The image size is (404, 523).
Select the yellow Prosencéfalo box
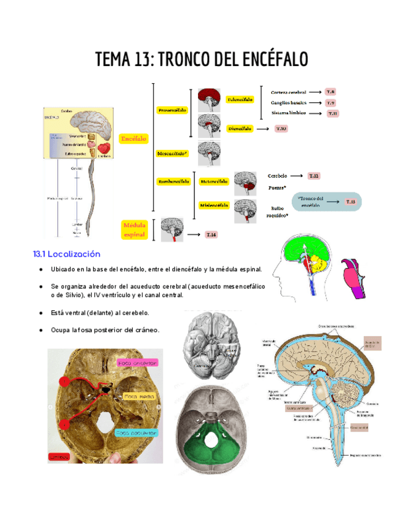172,110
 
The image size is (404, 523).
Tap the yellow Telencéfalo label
240,99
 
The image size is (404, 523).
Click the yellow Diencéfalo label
239,129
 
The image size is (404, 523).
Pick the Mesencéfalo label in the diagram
173,153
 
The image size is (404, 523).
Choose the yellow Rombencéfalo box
173,181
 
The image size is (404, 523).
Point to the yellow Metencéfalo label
214,181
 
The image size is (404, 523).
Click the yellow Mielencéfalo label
214,205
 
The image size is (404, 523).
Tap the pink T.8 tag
331,92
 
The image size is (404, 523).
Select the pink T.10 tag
281,129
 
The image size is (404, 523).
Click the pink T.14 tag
211,234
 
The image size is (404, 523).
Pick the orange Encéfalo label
134,139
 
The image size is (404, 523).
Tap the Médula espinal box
134,230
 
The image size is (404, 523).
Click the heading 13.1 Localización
67,254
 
